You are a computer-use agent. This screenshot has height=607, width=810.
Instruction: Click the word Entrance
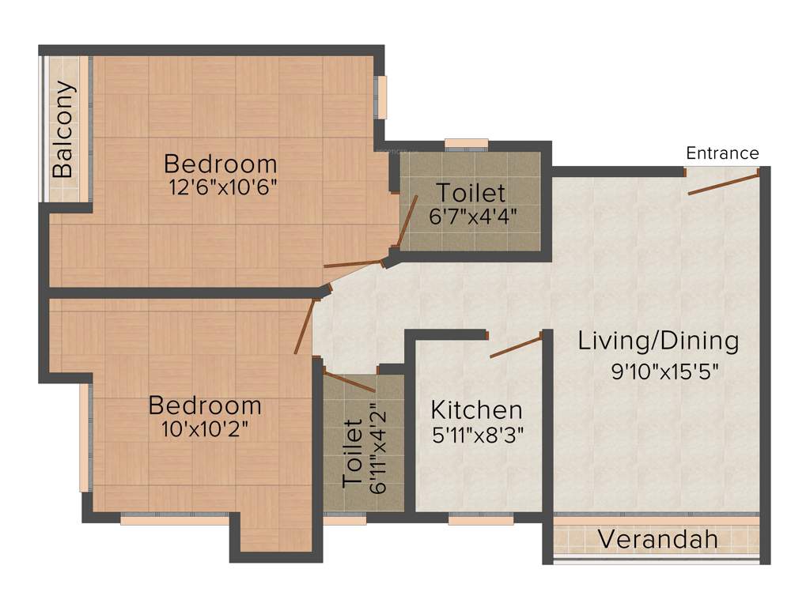point(722,153)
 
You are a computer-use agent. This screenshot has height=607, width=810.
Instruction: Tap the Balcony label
point(63,130)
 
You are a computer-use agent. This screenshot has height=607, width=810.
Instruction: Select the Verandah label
point(657,540)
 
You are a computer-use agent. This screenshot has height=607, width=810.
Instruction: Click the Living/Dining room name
point(658,341)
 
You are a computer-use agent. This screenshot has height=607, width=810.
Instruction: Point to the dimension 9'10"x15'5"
point(664,372)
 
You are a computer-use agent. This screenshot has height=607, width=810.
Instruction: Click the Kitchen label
point(476,410)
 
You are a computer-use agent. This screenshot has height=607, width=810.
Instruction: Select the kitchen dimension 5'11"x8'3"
point(476,434)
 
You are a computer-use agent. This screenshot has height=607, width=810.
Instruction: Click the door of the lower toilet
point(349,381)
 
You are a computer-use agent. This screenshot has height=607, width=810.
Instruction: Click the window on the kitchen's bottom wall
point(480,519)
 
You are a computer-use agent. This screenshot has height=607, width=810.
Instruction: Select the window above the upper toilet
point(466,144)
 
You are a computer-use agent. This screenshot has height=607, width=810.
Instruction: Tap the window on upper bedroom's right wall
point(381,97)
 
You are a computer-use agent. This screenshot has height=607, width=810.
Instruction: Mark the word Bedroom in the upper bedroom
point(221,164)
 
